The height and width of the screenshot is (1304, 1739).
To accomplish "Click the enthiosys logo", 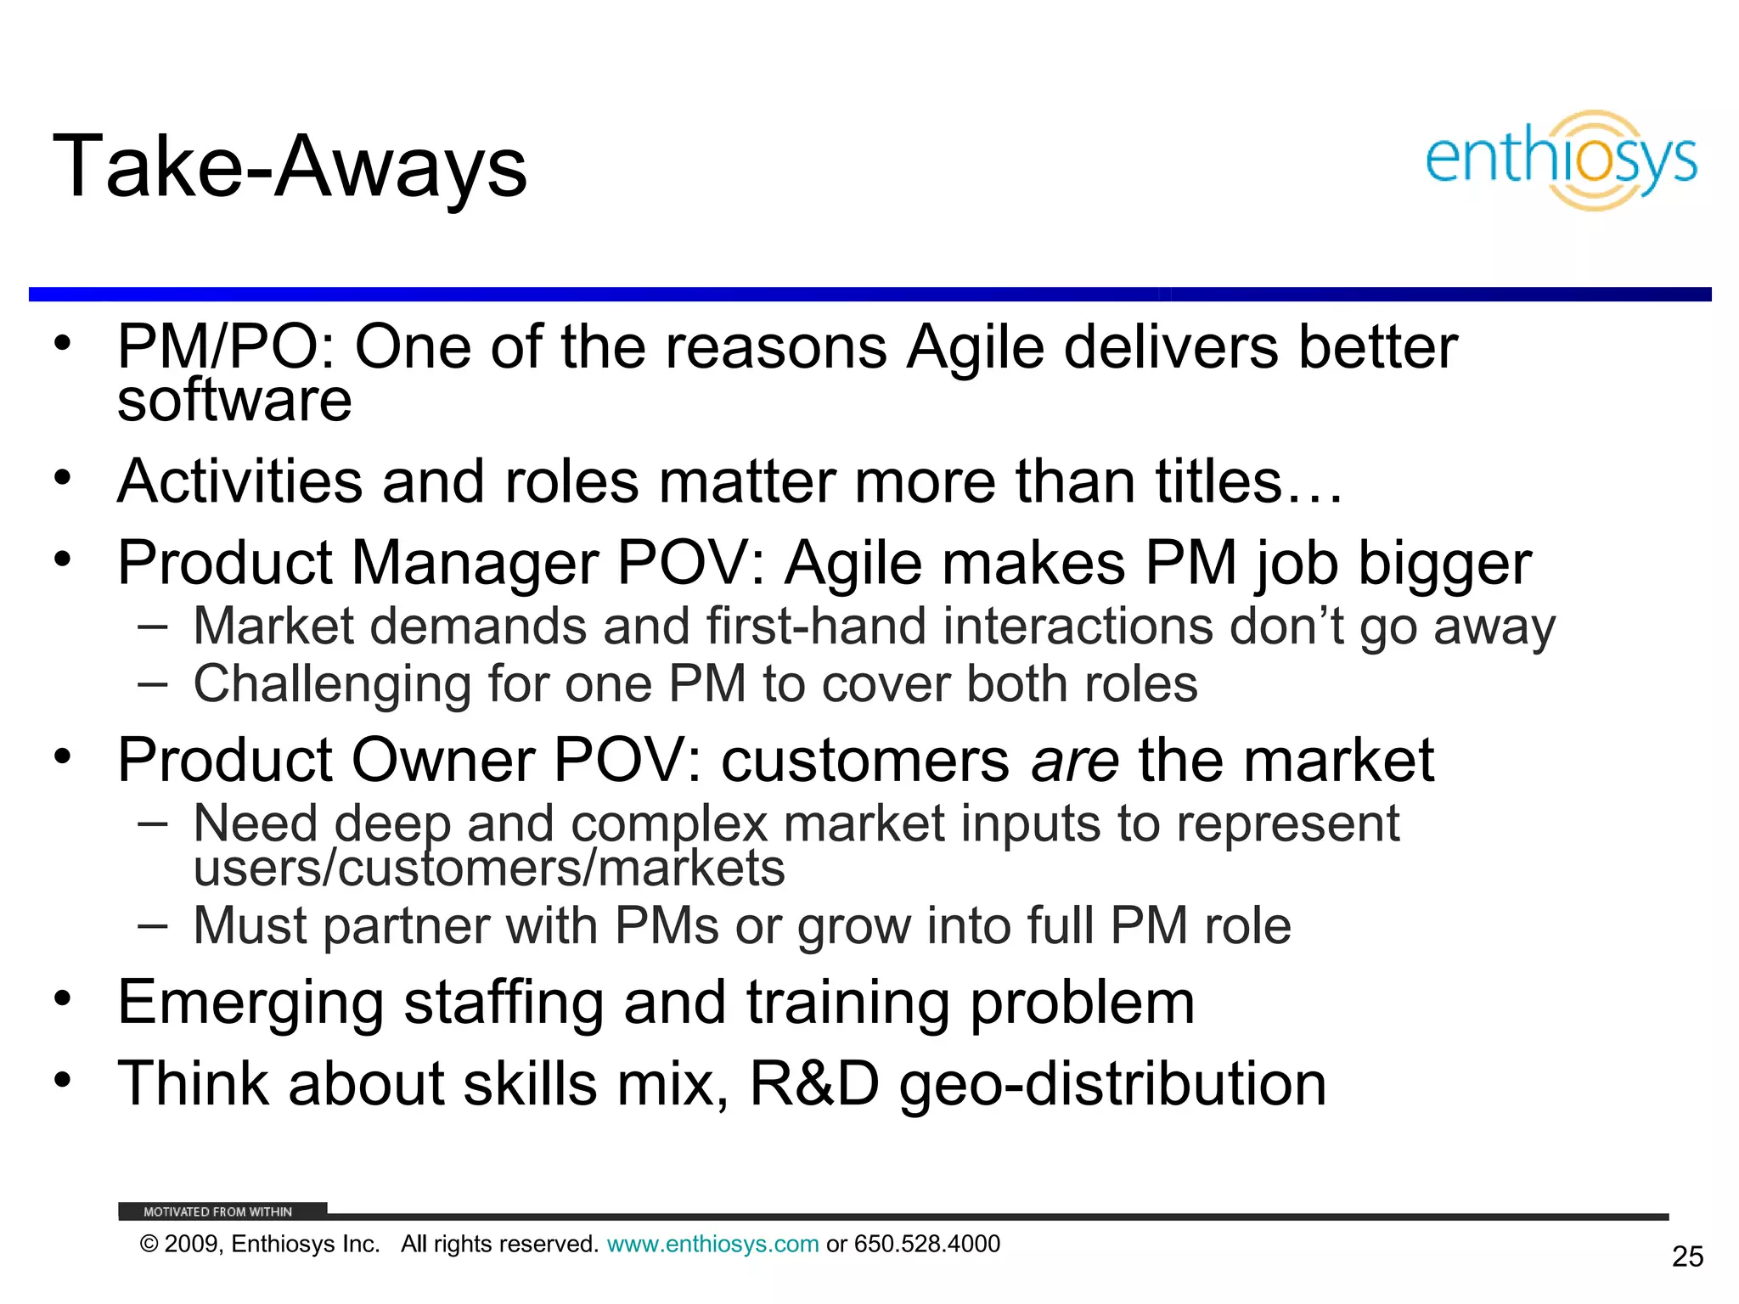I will pyautogui.click(x=1561, y=160).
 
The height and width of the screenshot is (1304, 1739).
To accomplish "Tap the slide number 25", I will pyautogui.click(x=1687, y=1256).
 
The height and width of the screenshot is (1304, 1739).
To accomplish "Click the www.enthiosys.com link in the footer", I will pyautogui.click(x=712, y=1244).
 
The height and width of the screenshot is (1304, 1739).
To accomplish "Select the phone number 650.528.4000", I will pyautogui.click(x=927, y=1244).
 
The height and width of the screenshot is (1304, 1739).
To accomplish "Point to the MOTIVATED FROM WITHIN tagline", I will pyautogui.click(x=217, y=1211).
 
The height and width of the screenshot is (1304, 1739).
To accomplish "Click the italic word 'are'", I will pyautogui.click(x=1074, y=760).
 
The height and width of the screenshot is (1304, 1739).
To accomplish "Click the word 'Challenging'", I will pyautogui.click(x=331, y=684).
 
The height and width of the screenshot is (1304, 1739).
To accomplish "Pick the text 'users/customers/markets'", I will pyautogui.click(x=489, y=868).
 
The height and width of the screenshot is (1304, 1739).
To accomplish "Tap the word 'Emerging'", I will pyautogui.click(x=250, y=1003).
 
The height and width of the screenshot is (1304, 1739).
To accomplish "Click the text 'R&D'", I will pyautogui.click(x=813, y=1084).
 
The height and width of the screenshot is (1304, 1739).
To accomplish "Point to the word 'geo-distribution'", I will pyautogui.click(x=1112, y=1084).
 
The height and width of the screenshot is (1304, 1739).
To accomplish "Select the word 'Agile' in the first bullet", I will pyautogui.click(x=975, y=347).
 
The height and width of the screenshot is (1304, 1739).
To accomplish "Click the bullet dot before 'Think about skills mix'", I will pyautogui.click(x=62, y=1080).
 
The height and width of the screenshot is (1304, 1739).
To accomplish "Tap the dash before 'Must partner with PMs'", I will pyautogui.click(x=152, y=925).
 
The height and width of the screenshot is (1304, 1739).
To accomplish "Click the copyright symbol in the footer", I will pyautogui.click(x=149, y=1245).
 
